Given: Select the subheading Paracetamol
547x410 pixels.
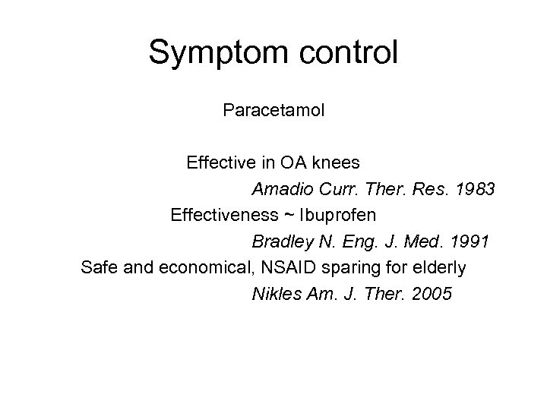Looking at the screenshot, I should coord(273,111).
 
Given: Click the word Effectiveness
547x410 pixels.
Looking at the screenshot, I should coord(221,215).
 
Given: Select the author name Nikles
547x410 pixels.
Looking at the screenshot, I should coord(275,294).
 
